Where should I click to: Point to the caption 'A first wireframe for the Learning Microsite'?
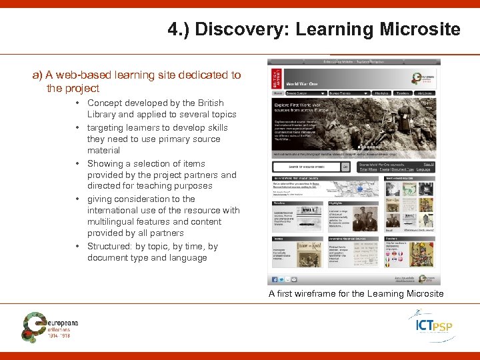tap(355, 293)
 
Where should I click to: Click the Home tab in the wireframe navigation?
tap(277, 93)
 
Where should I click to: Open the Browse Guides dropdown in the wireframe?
tap(305, 93)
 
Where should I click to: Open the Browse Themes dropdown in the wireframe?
tap(349, 93)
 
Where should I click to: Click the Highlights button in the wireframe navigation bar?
tap(382, 93)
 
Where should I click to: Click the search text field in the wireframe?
tap(307, 167)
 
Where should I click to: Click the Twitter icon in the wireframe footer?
tap(281, 279)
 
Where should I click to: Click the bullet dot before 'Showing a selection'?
tap(79, 163)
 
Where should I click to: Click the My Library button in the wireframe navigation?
tap(424, 93)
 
